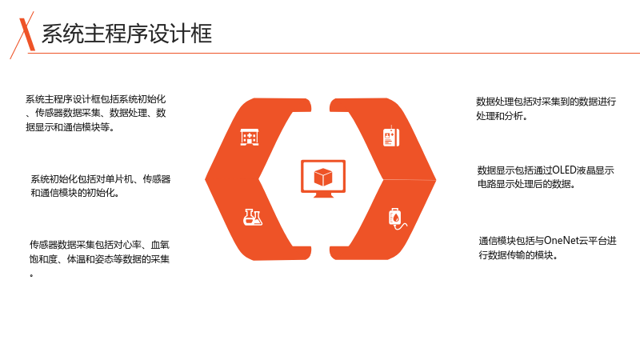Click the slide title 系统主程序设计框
127,34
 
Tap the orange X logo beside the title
24,34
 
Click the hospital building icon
250,137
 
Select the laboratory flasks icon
253,217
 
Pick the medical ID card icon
391,136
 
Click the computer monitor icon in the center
323,178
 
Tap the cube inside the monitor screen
323,177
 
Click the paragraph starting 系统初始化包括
101,186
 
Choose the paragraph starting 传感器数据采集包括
99,258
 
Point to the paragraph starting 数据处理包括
546,109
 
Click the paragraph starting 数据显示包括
546,177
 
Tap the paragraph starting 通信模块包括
547,248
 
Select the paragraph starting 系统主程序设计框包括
95,113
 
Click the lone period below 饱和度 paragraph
31,276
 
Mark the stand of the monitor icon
323,195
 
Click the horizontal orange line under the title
334,53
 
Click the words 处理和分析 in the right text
499,116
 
